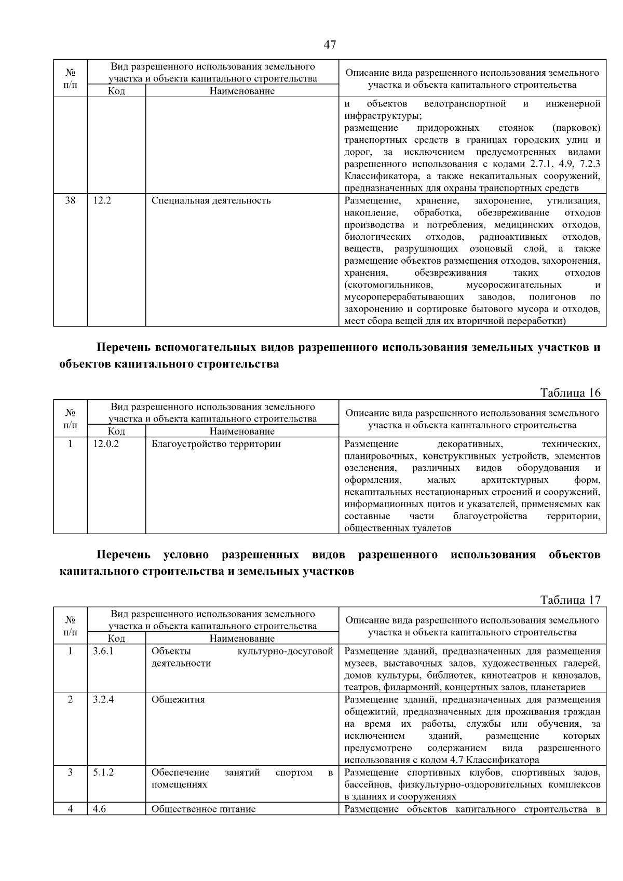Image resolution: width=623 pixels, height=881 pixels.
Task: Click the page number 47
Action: click(330, 45)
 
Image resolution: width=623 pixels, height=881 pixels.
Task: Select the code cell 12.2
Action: click(102, 201)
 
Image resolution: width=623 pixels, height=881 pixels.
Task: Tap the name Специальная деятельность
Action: click(211, 201)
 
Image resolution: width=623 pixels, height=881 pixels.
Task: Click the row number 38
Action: click(70, 201)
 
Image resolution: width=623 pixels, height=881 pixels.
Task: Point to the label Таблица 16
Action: click(570, 392)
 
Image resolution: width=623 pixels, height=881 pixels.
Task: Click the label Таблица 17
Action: click(570, 600)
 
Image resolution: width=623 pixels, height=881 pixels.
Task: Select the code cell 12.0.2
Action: click(105, 444)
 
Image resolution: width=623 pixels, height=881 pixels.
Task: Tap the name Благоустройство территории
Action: click(215, 444)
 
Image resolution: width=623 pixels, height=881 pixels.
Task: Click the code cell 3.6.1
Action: click(103, 651)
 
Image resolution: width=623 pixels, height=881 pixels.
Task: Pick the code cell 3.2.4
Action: click(103, 699)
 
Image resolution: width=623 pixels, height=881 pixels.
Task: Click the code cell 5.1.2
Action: click(103, 772)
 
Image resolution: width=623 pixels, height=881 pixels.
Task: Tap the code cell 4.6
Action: click(99, 809)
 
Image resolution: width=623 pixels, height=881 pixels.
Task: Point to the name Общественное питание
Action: click(203, 809)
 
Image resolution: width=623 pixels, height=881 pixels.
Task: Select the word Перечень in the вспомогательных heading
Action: click(124, 347)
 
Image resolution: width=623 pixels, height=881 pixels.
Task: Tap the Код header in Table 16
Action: click(116, 431)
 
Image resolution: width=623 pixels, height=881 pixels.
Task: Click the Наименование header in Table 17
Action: click(242, 639)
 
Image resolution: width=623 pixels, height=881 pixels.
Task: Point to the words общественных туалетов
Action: click(398, 528)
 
